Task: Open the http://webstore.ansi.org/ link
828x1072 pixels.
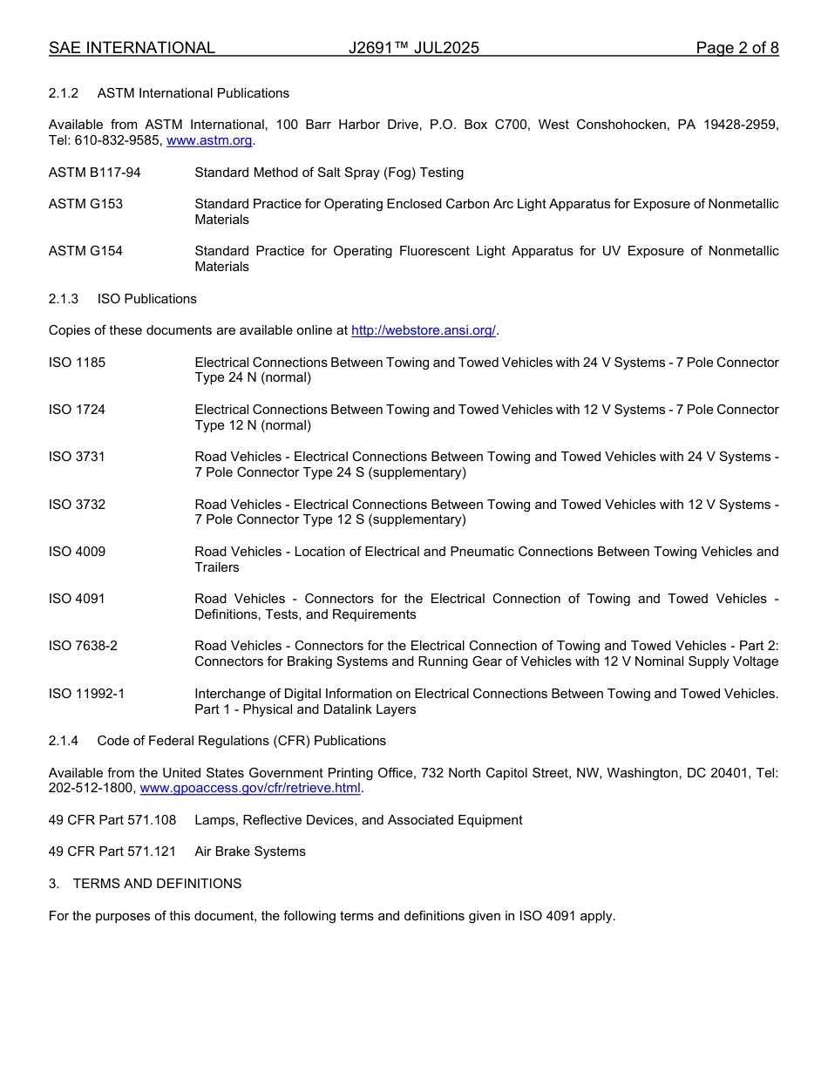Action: click(x=423, y=330)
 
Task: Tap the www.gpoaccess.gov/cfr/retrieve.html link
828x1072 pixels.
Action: click(x=250, y=788)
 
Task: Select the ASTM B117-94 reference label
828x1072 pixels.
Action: click(x=94, y=173)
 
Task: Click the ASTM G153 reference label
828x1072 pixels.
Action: click(x=85, y=204)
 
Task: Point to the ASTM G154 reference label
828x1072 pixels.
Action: click(x=85, y=251)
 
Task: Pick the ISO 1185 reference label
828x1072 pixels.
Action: click(x=77, y=363)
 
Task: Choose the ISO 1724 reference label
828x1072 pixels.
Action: click(x=77, y=410)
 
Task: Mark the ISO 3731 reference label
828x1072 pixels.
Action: click(x=77, y=457)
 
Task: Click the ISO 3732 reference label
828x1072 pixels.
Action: click(x=77, y=505)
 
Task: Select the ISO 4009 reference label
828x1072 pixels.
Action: click(x=77, y=552)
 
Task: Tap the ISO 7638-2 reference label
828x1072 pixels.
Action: click(x=83, y=646)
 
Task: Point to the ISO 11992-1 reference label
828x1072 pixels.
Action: click(x=86, y=694)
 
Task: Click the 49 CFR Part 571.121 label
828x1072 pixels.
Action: click(x=112, y=851)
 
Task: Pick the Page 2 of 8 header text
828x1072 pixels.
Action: click(x=736, y=48)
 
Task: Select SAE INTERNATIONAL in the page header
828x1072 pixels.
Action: click(x=132, y=48)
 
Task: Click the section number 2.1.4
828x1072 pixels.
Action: click(x=64, y=741)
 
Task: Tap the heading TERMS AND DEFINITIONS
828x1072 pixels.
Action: click(x=157, y=884)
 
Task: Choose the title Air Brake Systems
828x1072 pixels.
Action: click(x=250, y=851)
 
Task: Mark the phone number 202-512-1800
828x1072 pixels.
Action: click(x=91, y=788)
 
